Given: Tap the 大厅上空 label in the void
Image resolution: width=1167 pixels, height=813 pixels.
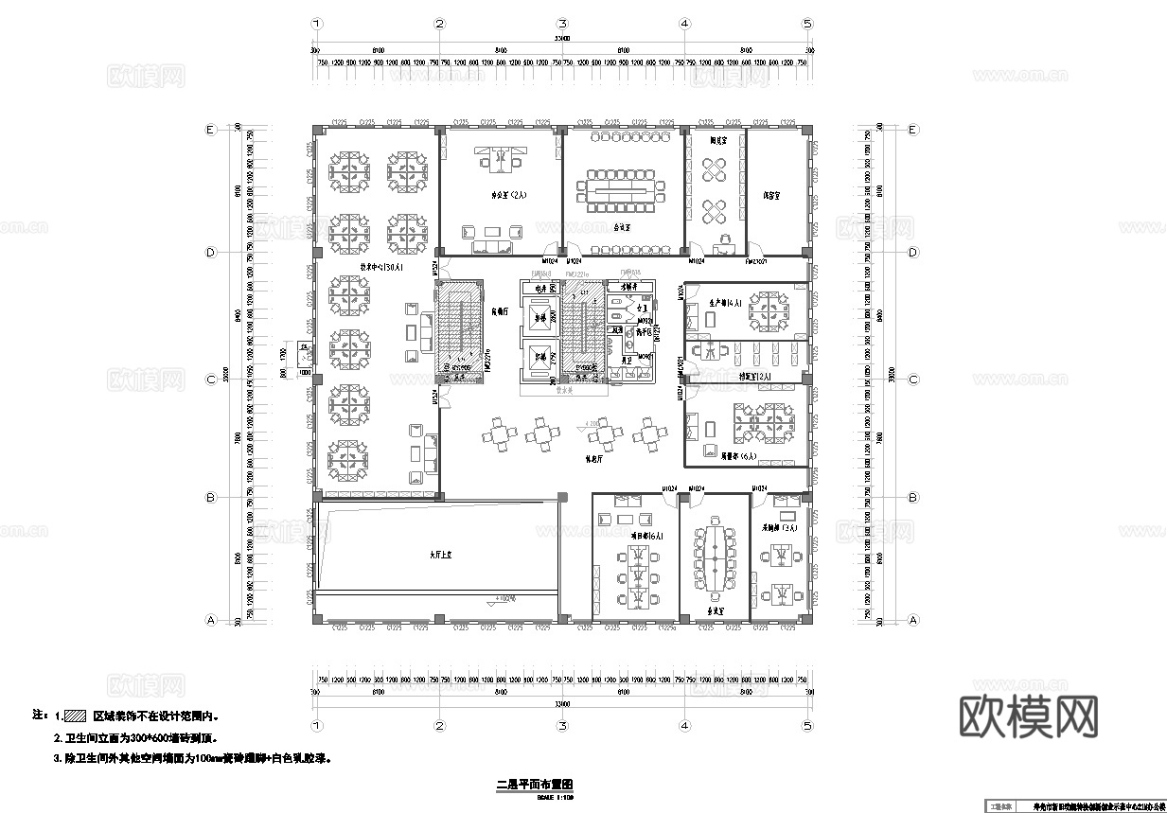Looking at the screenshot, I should [435, 557].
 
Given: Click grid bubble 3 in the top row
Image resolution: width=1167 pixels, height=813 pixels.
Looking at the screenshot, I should [561, 24].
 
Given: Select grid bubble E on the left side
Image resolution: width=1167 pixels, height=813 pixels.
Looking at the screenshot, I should [211, 131].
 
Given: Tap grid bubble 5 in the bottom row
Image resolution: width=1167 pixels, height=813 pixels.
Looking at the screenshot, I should [806, 725].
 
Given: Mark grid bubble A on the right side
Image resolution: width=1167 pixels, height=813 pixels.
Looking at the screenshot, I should [912, 620].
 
